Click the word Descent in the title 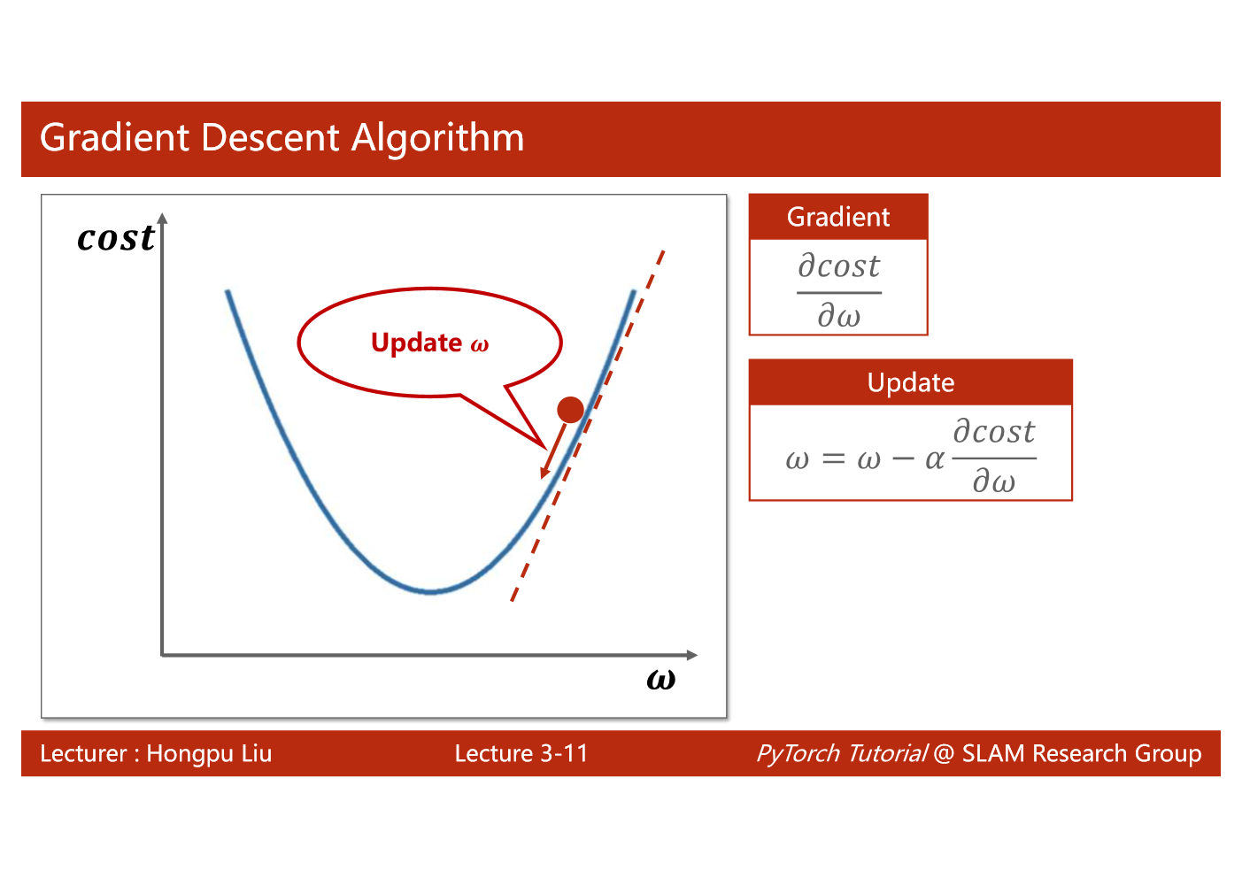click(x=270, y=137)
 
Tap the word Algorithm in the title click(x=438, y=139)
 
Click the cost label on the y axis click(x=116, y=238)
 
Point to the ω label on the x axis click(x=661, y=679)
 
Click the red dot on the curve click(x=570, y=410)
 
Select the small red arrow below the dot click(x=552, y=451)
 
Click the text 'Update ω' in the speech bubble click(x=429, y=343)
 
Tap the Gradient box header click(x=838, y=217)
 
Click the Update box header click(x=910, y=382)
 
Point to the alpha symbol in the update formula click(x=934, y=459)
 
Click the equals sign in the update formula click(x=833, y=459)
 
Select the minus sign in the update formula click(x=903, y=459)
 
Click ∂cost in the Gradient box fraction click(x=839, y=266)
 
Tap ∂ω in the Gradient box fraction click(x=839, y=315)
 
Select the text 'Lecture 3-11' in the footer click(x=521, y=754)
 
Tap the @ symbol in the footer click(x=944, y=754)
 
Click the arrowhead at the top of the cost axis click(x=163, y=219)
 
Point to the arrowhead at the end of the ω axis click(x=692, y=655)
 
